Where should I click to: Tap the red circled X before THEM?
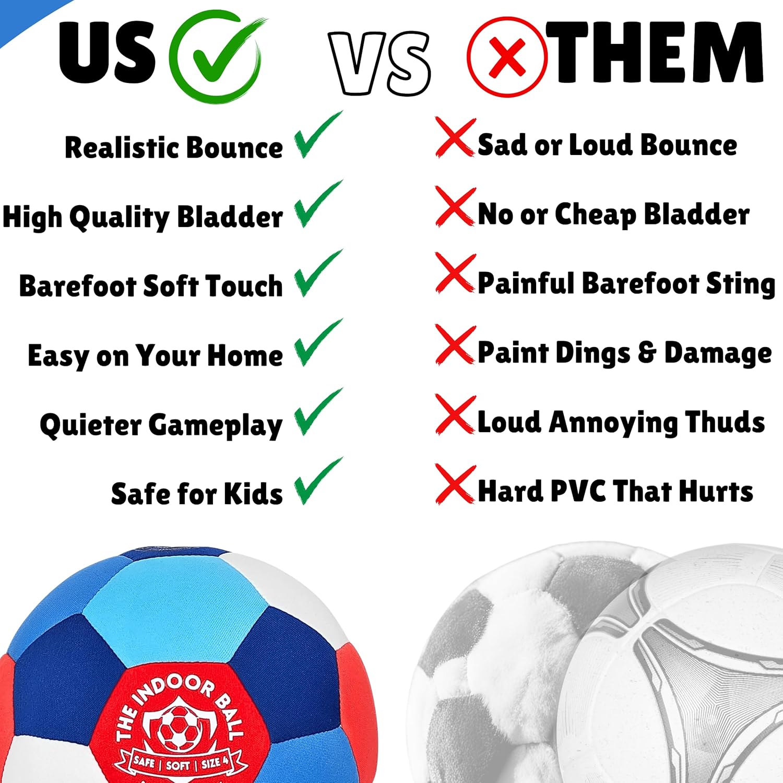point(507,57)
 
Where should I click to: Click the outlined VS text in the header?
point(379,63)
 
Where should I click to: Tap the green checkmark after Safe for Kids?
point(317,482)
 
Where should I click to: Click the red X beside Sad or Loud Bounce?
point(455,138)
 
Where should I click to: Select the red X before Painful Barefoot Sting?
point(455,274)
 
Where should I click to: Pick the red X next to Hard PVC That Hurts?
point(455,484)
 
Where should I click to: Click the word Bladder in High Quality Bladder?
point(230,217)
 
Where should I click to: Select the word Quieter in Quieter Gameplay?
point(90,425)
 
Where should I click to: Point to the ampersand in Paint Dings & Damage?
point(646,352)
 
